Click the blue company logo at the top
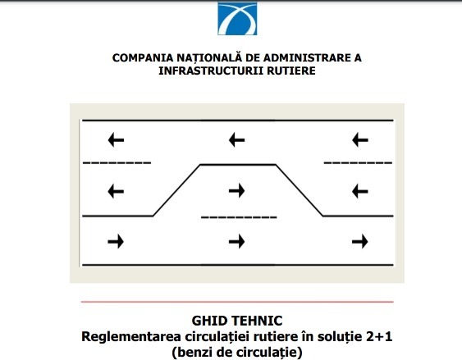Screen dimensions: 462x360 coord(237,19)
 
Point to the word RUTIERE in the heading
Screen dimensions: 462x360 coord(291,71)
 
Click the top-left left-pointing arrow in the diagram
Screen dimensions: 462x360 coord(116,140)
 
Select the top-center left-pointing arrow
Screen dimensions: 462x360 coord(237,139)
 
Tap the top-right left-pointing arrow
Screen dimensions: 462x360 coord(360,139)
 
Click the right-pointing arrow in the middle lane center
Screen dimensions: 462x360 coord(237,190)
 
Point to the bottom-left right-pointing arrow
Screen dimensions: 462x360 coord(116,242)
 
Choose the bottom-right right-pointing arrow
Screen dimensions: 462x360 coord(360,242)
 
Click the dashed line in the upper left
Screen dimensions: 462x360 coord(117,163)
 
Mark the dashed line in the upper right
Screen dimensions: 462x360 coord(358,163)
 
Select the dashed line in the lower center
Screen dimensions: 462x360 coord(239,218)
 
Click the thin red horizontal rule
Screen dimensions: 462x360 coord(237,302)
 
